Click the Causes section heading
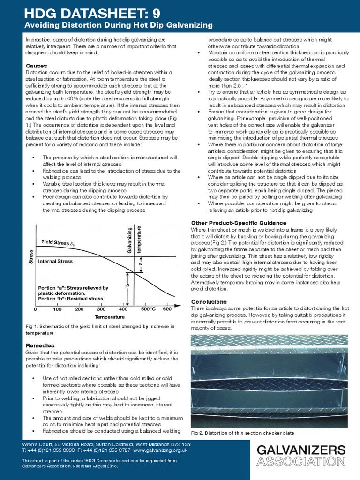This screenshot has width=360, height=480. point(36,66)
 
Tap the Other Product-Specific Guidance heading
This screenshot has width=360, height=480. point(239,222)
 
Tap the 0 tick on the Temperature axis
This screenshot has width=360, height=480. point(36,309)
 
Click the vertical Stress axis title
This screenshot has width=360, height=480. point(31,258)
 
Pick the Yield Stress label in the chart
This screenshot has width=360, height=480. point(58,242)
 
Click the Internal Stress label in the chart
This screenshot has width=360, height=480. point(59,261)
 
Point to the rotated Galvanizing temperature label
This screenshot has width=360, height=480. point(135,240)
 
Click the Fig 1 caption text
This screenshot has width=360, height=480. point(100,329)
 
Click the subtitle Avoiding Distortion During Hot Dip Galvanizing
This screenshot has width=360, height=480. point(118,24)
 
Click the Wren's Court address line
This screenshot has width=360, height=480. point(106,443)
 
